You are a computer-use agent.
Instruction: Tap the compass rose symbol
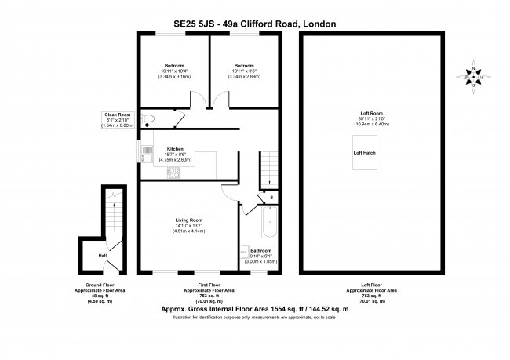(x=473, y=75)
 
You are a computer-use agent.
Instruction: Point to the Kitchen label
(x=174, y=148)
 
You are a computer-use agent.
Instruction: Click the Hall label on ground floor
(x=102, y=255)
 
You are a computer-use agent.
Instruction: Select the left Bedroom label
(x=174, y=65)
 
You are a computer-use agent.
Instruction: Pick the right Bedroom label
(x=244, y=65)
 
